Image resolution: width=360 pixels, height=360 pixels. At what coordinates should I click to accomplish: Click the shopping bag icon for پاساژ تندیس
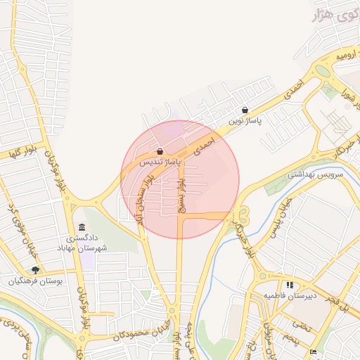[x=160, y=151]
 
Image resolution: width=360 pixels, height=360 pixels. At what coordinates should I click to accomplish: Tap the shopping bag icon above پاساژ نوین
[x=245, y=110]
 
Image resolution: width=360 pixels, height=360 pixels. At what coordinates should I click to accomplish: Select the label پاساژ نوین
[x=244, y=121]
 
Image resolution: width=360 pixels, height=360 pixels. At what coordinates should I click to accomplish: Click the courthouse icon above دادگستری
[x=83, y=228]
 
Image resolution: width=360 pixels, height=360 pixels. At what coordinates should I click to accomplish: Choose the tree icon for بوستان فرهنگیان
[x=35, y=269]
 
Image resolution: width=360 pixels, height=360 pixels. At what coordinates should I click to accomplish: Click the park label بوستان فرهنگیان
[x=36, y=281]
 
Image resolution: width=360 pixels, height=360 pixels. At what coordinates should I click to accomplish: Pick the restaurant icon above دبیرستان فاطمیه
[x=290, y=285]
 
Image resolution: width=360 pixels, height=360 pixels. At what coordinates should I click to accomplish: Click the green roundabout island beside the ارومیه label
[x=323, y=70]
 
